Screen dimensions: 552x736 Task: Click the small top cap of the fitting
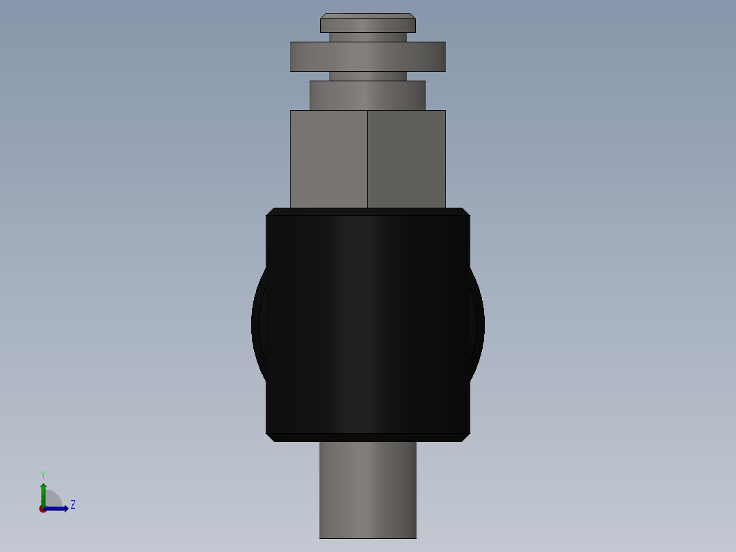click(x=367, y=25)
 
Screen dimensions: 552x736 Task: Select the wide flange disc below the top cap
click(x=367, y=57)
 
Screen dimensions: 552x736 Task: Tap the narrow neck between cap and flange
click(x=367, y=38)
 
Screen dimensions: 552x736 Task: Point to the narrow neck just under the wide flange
click(x=367, y=76)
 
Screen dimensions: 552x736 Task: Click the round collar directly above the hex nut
click(x=367, y=96)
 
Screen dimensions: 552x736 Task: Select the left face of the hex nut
click(x=328, y=158)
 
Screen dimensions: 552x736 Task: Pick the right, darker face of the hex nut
click(x=406, y=158)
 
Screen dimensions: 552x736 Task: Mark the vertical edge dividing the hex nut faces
click(x=367, y=158)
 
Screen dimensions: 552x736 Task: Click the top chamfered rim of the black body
click(x=367, y=212)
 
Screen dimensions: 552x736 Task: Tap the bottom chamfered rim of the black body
click(x=367, y=437)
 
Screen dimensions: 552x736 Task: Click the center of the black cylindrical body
click(x=367, y=325)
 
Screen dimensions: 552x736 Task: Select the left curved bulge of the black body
click(x=258, y=325)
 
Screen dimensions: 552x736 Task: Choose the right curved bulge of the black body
click(x=478, y=325)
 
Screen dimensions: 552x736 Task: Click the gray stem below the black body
click(x=367, y=489)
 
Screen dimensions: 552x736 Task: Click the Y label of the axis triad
click(x=42, y=474)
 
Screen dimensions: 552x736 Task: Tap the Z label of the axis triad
click(x=72, y=505)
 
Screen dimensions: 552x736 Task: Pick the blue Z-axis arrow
click(x=57, y=508)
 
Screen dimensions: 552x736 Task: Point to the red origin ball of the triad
click(x=43, y=509)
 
